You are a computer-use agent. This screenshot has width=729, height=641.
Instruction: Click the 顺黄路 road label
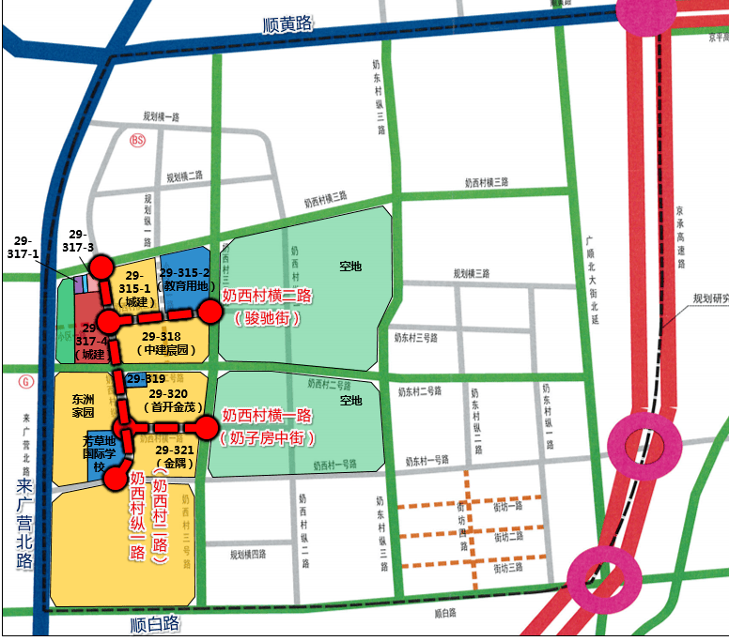point(287,24)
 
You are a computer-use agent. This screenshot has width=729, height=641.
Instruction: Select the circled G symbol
point(24,383)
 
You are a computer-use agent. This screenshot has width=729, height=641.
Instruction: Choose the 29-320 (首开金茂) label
point(170,400)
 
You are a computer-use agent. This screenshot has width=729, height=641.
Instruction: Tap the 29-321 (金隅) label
point(176,457)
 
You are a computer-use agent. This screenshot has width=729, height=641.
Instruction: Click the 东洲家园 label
point(84,404)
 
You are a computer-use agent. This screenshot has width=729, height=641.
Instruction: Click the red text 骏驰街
point(267,317)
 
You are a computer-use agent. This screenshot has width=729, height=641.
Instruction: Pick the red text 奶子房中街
point(267,437)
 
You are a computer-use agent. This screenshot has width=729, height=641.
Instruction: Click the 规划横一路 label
point(161,116)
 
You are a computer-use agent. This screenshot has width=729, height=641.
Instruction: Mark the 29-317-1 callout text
point(23,247)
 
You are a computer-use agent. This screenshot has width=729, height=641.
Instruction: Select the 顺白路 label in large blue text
point(155,623)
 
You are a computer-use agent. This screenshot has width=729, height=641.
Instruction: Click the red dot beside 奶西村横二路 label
point(209,308)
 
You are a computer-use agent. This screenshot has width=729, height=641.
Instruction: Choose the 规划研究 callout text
point(709,299)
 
